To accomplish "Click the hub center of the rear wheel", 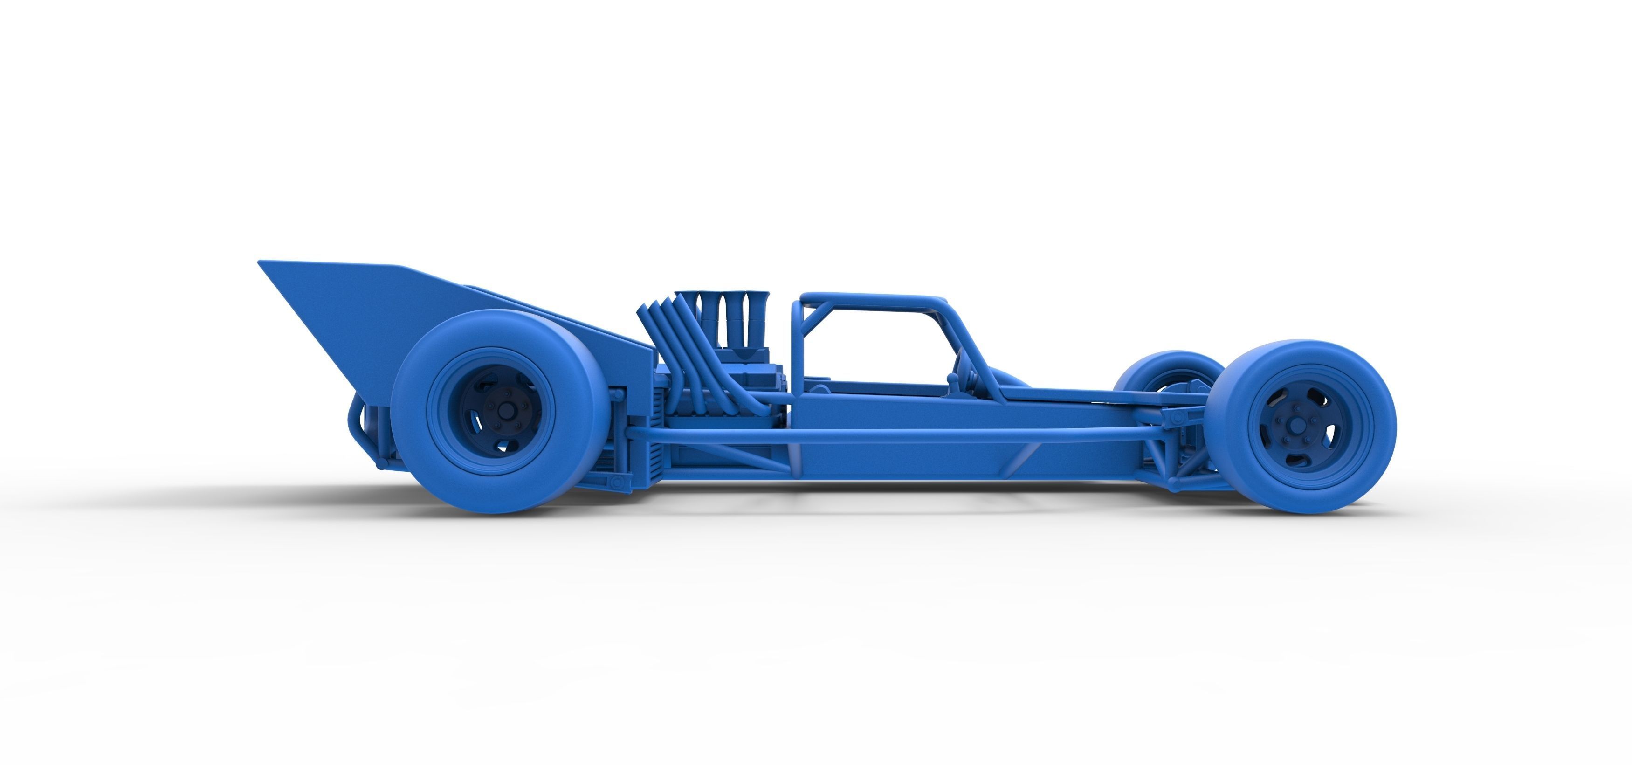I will point(506,411).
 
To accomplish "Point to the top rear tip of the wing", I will point(261,262).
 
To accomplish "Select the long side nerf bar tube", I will point(887,433).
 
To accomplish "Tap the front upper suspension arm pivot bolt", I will point(1177,419).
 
